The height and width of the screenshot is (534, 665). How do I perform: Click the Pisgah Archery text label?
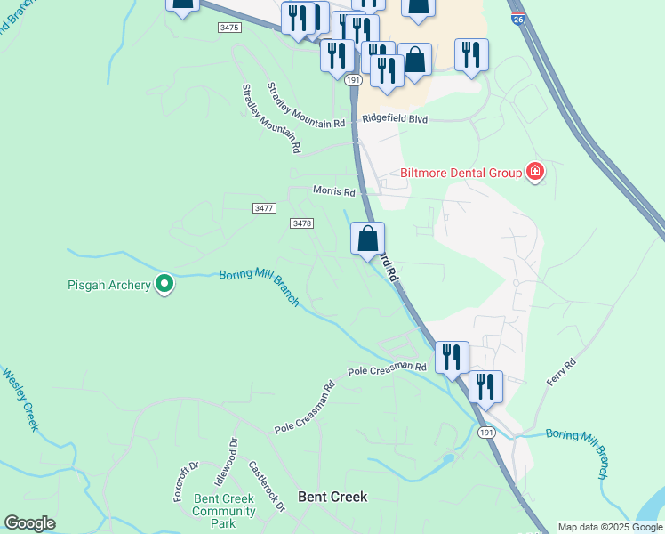[108, 286]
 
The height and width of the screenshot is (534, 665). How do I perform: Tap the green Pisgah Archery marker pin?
[164, 284]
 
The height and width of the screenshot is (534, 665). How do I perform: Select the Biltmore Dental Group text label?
[461, 173]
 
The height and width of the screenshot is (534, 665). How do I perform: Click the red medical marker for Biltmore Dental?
[534, 172]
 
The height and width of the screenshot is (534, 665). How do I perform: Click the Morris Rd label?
[334, 191]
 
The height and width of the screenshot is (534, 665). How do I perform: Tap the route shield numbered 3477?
[264, 207]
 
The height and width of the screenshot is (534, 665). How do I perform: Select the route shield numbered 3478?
[301, 223]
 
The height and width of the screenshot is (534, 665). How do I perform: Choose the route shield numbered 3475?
[228, 28]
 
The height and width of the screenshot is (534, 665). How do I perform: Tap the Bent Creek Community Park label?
[224, 511]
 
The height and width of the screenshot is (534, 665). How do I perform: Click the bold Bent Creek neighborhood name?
[332, 497]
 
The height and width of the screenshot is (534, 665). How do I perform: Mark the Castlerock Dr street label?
[267, 486]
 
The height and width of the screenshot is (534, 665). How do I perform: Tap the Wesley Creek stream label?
[20, 400]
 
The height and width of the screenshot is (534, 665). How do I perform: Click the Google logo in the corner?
[29, 523]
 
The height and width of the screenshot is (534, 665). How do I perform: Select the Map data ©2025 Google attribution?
[610, 527]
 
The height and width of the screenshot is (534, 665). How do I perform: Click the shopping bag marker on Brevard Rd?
[367, 239]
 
